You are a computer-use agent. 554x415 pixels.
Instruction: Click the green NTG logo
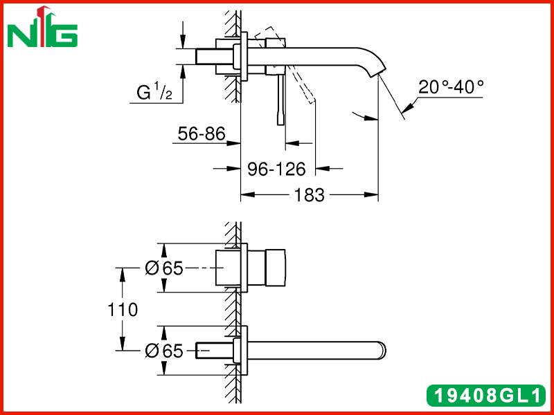[x=42, y=28]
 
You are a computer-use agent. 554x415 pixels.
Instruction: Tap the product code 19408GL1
[x=487, y=395]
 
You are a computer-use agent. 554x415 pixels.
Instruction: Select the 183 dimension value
[x=309, y=195]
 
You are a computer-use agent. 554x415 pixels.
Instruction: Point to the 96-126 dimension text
[x=276, y=169]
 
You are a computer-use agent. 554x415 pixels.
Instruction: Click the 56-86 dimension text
[x=202, y=133]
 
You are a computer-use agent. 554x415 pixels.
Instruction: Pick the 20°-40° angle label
[x=451, y=86]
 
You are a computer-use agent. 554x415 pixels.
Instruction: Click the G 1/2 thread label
[x=154, y=92]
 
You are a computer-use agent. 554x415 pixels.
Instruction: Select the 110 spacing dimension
[x=123, y=310]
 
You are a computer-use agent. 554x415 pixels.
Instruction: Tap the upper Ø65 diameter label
[x=164, y=268]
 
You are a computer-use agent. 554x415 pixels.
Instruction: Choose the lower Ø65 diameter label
[x=164, y=351]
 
